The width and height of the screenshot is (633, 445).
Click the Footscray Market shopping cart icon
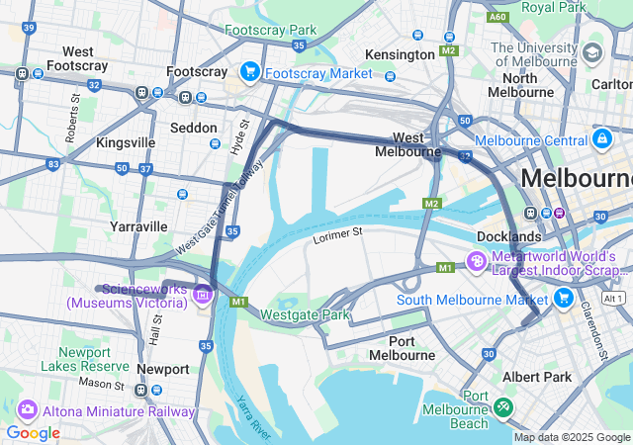click(x=249, y=72)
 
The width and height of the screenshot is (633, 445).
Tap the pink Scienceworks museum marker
click(x=203, y=293)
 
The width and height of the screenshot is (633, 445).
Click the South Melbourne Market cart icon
click(x=563, y=298)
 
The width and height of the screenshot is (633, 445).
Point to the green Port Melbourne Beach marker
click(x=503, y=406)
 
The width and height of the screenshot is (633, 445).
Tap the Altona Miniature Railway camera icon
click(x=27, y=409)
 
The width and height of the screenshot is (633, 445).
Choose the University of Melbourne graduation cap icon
click(x=592, y=52)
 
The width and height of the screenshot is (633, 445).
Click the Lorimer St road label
click(x=338, y=235)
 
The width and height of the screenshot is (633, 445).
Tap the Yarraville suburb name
click(x=138, y=226)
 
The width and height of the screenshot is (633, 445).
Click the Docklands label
click(x=508, y=236)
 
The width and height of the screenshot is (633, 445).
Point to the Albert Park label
click(x=537, y=377)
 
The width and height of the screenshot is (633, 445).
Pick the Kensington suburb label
click(x=400, y=53)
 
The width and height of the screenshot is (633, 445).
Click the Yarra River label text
click(x=253, y=416)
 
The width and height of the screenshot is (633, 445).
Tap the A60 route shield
click(x=498, y=17)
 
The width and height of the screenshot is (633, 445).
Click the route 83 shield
click(x=53, y=163)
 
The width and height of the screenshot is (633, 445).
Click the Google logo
click(x=33, y=432)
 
